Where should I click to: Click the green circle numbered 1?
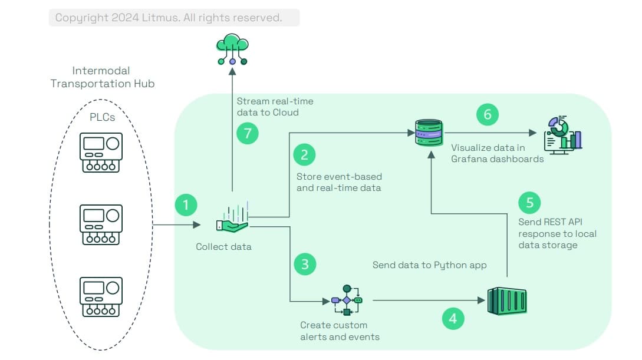click(186, 206)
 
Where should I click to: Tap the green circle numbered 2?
click(305, 155)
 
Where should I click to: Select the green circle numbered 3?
click(305, 264)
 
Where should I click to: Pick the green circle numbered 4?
click(453, 319)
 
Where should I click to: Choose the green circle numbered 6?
click(488, 114)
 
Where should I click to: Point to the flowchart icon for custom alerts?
click(347, 300)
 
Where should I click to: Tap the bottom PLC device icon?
click(101, 297)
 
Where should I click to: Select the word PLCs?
click(102, 117)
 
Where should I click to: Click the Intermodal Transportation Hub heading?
click(102, 77)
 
